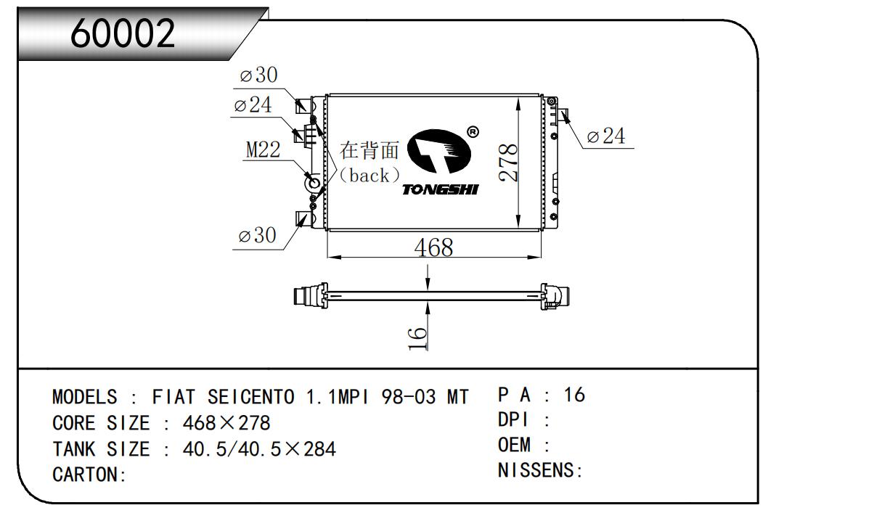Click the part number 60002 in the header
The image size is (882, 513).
(x=123, y=33)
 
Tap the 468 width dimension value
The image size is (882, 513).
(x=433, y=247)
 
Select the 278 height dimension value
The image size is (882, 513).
(x=508, y=162)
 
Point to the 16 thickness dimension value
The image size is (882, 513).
(x=417, y=338)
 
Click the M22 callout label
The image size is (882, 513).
(x=263, y=150)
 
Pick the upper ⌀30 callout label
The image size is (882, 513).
(x=258, y=75)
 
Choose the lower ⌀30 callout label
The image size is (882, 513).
(x=257, y=236)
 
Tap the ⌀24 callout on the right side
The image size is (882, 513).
(x=605, y=136)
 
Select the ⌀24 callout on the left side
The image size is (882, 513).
(x=253, y=105)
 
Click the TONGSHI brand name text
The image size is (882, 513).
(x=440, y=189)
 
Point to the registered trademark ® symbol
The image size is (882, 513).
(x=472, y=132)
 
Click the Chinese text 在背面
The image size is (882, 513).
(x=370, y=150)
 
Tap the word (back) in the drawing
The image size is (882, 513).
(x=370, y=175)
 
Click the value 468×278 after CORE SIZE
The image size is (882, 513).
(x=226, y=423)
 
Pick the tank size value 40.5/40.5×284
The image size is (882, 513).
(x=258, y=449)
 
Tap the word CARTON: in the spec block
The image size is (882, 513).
(x=89, y=475)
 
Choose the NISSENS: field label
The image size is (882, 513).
(x=540, y=471)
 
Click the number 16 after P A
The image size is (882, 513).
(x=573, y=395)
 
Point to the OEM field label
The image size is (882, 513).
(x=515, y=445)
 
